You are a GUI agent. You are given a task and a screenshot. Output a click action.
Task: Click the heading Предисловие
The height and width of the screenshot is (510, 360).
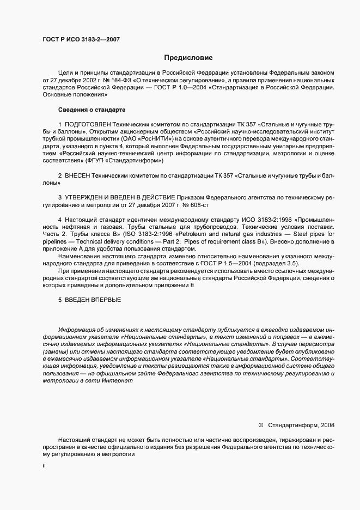188,57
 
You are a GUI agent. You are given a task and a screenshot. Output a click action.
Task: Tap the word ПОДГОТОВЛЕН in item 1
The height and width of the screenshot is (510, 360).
87,125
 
